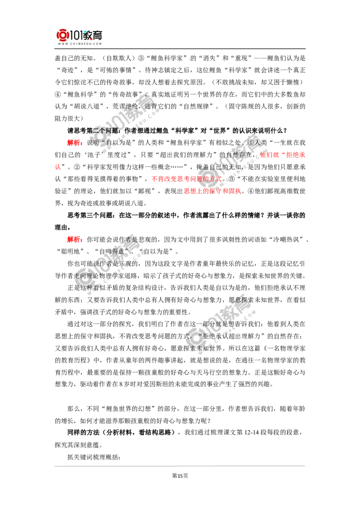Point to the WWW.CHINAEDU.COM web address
(79, 44)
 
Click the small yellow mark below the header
(189, 59)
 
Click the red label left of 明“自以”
(74, 143)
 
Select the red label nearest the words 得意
(74, 240)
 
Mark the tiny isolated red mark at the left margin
(58, 167)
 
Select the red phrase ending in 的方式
(187, 179)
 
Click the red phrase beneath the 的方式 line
(212, 191)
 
